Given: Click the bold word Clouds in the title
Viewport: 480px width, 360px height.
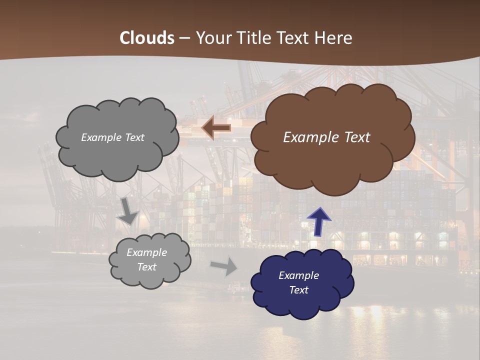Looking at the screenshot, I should pos(147,38).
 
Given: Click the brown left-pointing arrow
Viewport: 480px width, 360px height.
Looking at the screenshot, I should pos(216,128).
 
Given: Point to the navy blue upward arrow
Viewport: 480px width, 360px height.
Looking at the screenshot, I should pos(319,222).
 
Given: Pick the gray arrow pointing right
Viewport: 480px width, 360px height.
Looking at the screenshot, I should pos(224,266).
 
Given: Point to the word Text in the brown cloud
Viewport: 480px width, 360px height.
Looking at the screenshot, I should pos(356,137).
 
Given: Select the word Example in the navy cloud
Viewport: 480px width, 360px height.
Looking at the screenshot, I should pos(298,275).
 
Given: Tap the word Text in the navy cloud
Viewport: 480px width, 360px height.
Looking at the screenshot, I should pos(298,290).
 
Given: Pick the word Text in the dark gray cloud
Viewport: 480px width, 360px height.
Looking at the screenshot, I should pos(135,137).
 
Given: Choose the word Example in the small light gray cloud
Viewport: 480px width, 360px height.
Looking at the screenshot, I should pos(146,252).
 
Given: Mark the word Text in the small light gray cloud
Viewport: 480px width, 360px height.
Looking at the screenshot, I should pos(146,267).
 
